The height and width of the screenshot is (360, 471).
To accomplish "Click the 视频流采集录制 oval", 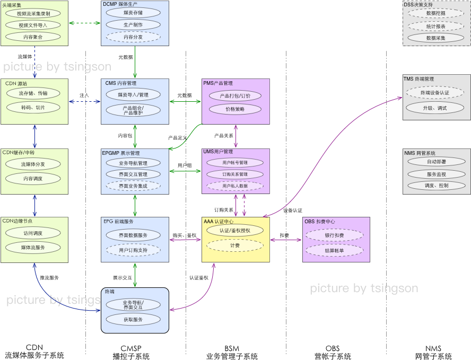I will pyautogui.click(x=33, y=13).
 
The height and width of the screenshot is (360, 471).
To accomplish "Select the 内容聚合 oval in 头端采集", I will pyautogui.click(x=33, y=37).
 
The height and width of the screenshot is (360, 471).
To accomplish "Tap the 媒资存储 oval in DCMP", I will pyautogui.click(x=133, y=12).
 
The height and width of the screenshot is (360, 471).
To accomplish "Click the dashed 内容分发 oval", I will pyautogui.click(x=133, y=37).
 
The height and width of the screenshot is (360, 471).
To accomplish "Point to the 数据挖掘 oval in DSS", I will pyautogui.click(x=436, y=13).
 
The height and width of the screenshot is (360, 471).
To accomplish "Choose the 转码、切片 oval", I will pyautogui.click(x=33, y=107).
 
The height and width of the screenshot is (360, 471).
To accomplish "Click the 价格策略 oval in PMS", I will pyautogui.click(x=235, y=109).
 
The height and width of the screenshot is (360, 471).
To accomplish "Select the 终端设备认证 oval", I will pyautogui.click(x=434, y=93).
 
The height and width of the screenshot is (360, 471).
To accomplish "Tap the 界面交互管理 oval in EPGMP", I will pyautogui.click(x=133, y=174).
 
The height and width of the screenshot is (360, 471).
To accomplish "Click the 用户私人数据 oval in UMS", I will pyautogui.click(x=235, y=186).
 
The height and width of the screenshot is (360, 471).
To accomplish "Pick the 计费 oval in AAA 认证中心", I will pyautogui.click(x=235, y=245).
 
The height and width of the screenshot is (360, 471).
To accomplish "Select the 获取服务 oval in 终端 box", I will pyautogui.click(x=133, y=320).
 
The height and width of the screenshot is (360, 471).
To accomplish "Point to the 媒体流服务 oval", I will pyautogui.click(x=33, y=248).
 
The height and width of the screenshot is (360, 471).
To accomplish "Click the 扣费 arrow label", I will pyautogui.click(x=284, y=235).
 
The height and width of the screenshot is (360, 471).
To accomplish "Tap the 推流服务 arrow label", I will pyautogui.click(x=49, y=277).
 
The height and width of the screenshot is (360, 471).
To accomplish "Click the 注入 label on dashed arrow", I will pyautogui.click(x=84, y=95).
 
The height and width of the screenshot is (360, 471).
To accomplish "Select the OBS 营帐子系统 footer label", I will pyautogui.click(x=333, y=353).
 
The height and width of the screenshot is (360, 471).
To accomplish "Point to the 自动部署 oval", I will pyautogui.click(x=436, y=162).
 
